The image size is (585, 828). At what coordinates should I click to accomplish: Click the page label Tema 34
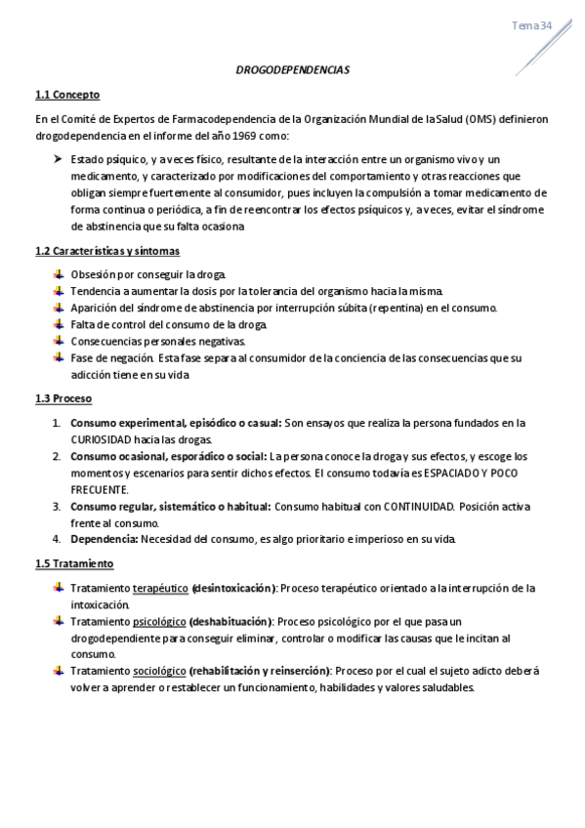(x=532, y=25)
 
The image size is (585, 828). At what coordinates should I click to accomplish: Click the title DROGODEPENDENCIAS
(x=292, y=71)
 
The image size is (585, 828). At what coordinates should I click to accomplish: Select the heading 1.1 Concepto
(x=66, y=95)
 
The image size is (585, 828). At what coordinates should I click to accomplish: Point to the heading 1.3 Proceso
(x=63, y=399)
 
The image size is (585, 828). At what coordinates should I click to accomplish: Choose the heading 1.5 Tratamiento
(x=74, y=564)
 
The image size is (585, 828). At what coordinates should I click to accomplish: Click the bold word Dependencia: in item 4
(x=104, y=539)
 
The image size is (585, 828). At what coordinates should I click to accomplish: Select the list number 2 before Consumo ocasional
(x=56, y=456)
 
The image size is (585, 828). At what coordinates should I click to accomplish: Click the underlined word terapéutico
(x=160, y=589)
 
